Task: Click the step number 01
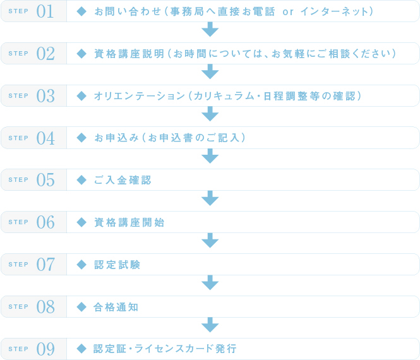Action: (x=45, y=11)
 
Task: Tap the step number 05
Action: (x=45, y=180)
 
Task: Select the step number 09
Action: (x=45, y=349)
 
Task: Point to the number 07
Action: (x=45, y=265)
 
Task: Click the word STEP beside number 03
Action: (x=18, y=95)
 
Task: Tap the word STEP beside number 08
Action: (x=18, y=307)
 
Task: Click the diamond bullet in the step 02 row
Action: (x=81, y=54)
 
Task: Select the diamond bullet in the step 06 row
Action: (x=81, y=222)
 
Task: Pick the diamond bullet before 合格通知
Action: (x=81, y=307)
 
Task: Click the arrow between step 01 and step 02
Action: (x=210, y=29)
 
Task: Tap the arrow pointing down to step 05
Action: (x=210, y=156)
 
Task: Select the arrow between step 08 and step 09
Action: (x=210, y=325)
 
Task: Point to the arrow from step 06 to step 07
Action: (x=210, y=240)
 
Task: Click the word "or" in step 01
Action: (x=288, y=12)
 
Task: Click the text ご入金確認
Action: (x=123, y=180)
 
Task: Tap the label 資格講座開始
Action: (x=129, y=222)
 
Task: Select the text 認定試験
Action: (x=117, y=265)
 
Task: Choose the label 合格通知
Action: (x=116, y=307)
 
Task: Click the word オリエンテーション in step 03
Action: (x=140, y=96)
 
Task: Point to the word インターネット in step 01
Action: (x=334, y=11)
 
